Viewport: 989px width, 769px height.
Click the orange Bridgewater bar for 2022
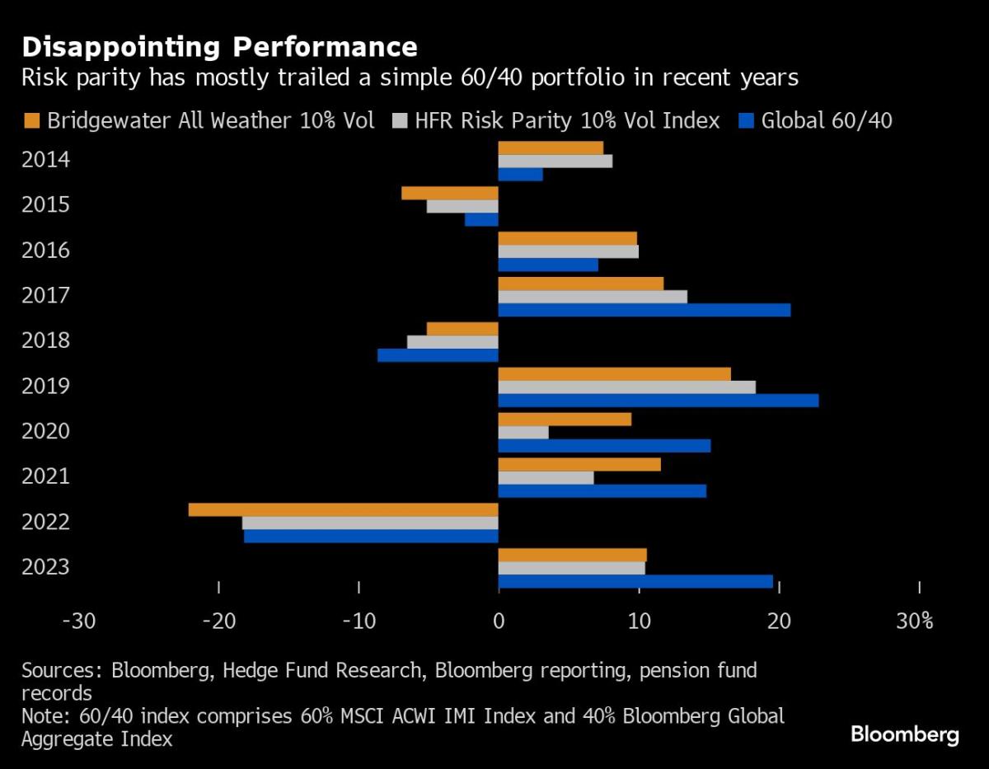[343, 509]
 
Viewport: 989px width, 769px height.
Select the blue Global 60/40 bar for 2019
[658, 401]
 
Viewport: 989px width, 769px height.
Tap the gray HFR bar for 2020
[523, 432]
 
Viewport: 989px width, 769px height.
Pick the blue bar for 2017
[644, 310]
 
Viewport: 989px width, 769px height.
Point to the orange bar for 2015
[450, 193]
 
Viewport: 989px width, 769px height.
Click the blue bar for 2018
[438, 355]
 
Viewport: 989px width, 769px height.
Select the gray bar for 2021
[546, 477]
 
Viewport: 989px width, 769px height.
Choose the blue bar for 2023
[635, 582]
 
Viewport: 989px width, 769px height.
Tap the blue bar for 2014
[520, 175]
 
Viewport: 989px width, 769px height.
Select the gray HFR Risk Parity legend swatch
[398, 121]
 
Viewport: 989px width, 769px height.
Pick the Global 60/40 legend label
[827, 121]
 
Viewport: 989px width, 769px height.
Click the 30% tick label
[915, 621]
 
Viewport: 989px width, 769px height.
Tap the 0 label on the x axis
[498, 621]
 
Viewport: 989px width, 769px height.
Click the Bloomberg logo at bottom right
[904, 734]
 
